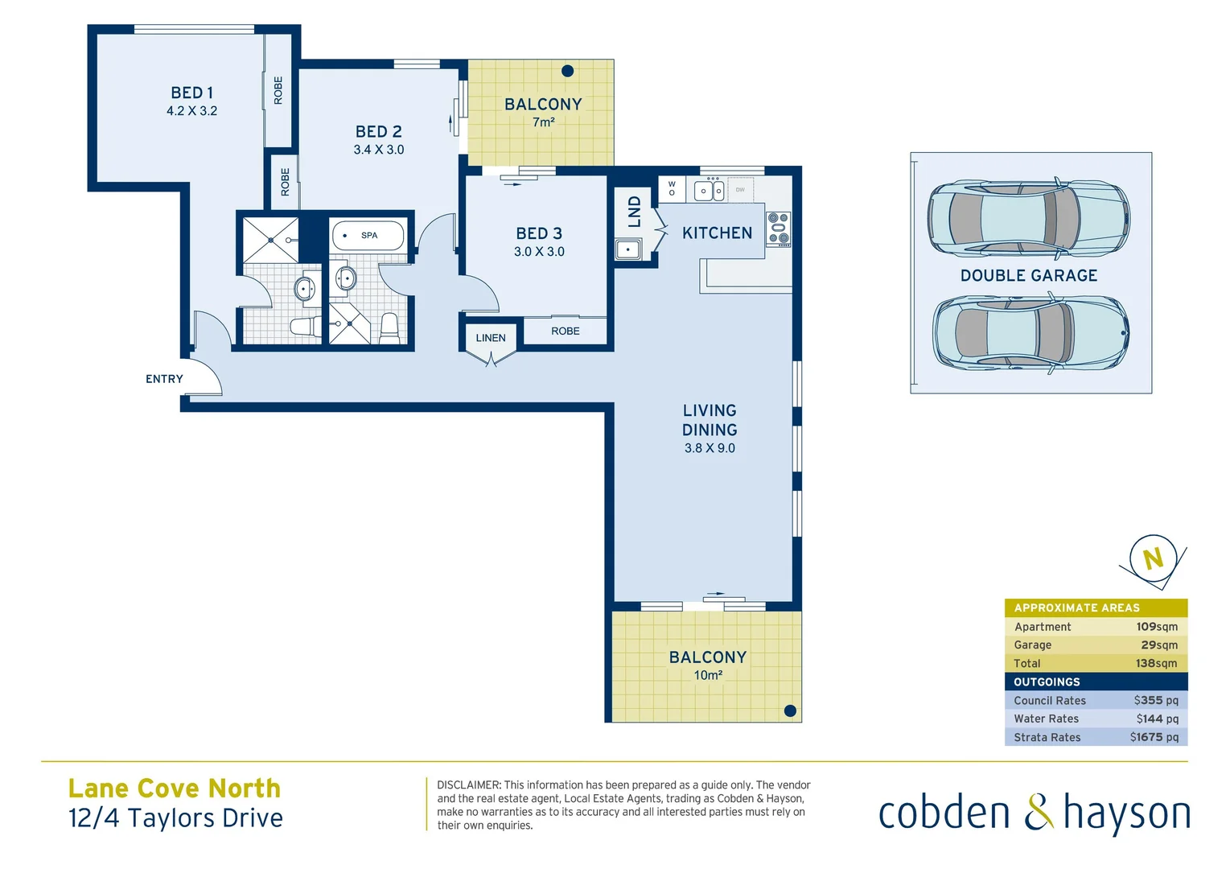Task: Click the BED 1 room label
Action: point(191,93)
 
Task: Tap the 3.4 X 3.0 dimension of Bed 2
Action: point(378,150)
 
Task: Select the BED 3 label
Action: point(539,233)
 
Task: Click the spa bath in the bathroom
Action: point(368,236)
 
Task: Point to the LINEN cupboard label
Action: point(490,338)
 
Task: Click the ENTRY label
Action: point(164,379)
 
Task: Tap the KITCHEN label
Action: point(717,233)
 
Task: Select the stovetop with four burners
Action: point(778,228)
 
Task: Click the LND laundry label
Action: point(634,212)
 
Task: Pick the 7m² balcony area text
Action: point(543,122)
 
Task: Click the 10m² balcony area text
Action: point(708,675)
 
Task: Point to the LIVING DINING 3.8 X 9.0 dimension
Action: point(710,448)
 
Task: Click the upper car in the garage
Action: point(1028,217)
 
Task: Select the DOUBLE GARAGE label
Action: point(1028,276)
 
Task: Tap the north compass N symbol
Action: point(1153,558)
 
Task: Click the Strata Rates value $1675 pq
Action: point(1154,737)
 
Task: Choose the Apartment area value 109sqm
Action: point(1156,627)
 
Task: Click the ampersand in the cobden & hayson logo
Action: point(1039,812)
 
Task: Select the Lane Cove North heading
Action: point(175,788)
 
